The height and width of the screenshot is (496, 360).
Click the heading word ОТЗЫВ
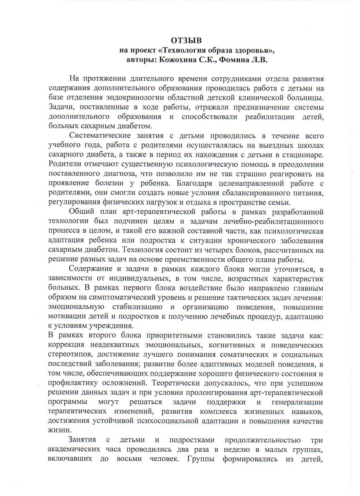pyautogui.click(x=187, y=40)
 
